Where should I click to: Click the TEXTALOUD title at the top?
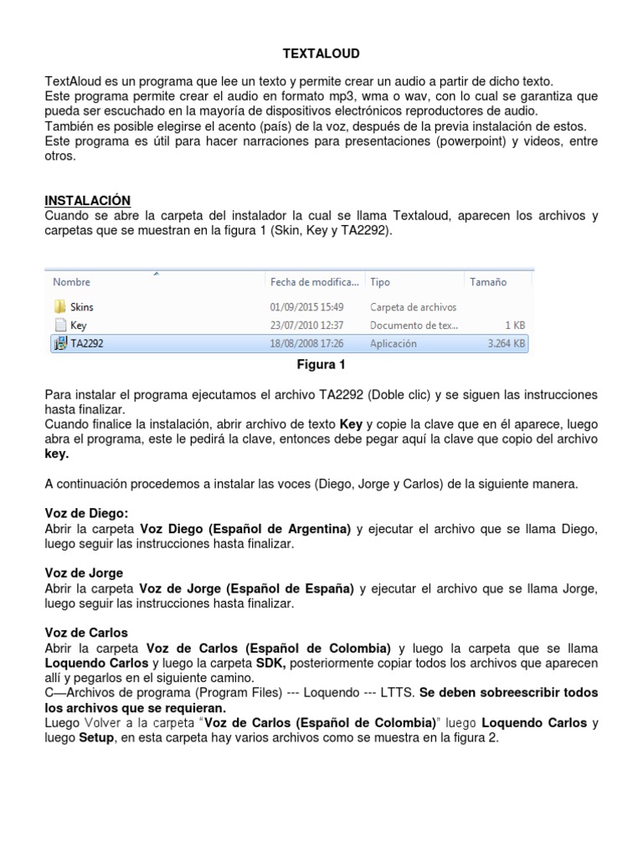(x=321, y=54)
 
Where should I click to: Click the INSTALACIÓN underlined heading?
(x=87, y=200)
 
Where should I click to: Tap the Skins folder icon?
(x=60, y=307)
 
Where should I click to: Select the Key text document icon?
(x=60, y=326)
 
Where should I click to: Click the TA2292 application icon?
(x=60, y=343)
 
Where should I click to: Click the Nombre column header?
(x=72, y=283)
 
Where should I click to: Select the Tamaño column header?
(x=488, y=283)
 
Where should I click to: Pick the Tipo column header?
(x=380, y=283)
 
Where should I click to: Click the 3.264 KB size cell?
(x=507, y=343)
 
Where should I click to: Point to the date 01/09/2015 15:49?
(x=306, y=307)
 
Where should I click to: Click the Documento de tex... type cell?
(x=413, y=326)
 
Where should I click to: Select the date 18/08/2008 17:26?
(x=306, y=343)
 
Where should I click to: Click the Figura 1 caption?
(x=321, y=365)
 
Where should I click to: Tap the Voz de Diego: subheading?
(x=86, y=513)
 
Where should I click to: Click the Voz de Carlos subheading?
(x=85, y=633)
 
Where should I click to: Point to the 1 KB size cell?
(x=515, y=326)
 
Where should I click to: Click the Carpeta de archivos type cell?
(x=413, y=307)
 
